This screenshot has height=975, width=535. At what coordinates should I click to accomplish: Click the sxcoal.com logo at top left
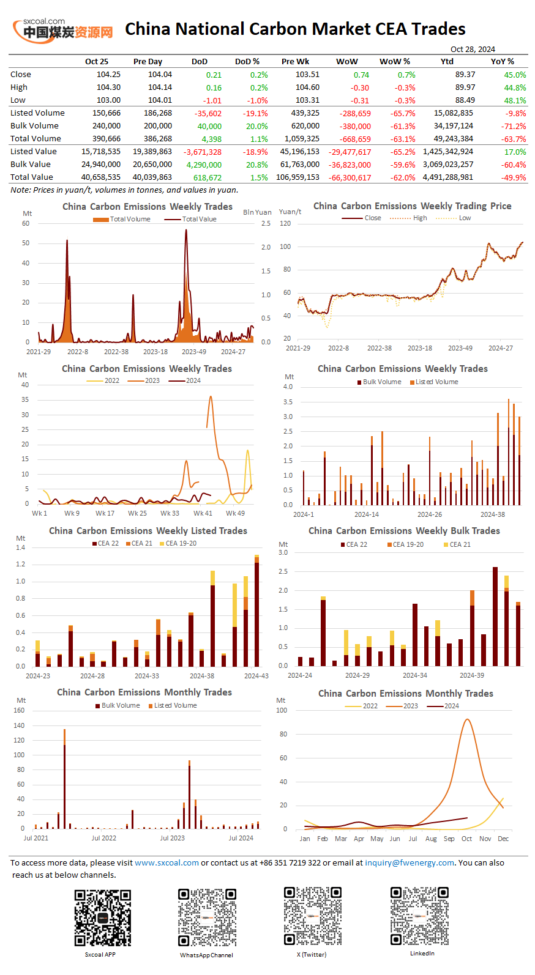(x=63, y=29)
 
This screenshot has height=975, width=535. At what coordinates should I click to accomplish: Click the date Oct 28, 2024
(x=473, y=50)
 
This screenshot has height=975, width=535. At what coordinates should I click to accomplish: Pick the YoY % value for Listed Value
(x=515, y=152)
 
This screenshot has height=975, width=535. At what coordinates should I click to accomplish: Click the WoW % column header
(x=395, y=62)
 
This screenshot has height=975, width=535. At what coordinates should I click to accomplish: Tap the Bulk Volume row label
(x=34, y=126)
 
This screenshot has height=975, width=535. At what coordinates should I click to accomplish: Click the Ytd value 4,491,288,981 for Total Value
(x=447, y=177)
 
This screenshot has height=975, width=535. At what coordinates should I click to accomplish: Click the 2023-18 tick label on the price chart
(x=420, y=348)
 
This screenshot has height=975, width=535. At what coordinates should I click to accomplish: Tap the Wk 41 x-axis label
(x=203, y=513)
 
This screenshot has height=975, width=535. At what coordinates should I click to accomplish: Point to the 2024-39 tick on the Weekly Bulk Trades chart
(x=471, y=675)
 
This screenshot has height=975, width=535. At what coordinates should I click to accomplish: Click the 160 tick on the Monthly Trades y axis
(x=19, y=711)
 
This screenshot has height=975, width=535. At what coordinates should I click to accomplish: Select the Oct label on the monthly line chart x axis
(x=466, y=839)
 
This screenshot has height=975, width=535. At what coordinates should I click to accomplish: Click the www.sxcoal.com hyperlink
(x=166, y=863)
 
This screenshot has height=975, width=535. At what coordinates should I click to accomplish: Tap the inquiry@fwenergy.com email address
(x=410, y=863)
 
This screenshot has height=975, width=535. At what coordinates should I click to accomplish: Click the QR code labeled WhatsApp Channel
(x=207, y=918)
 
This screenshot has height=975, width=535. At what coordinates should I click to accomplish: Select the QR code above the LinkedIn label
(x=419, y=916)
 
